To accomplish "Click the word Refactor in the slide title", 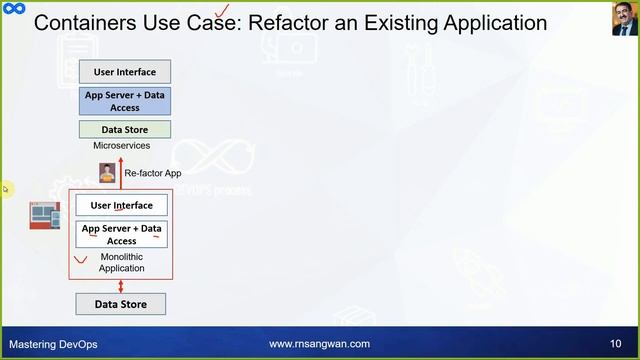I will tap(304, 22).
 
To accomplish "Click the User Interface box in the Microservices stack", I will tap(124, 72).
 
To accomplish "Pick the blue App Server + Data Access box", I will tap(124, 101).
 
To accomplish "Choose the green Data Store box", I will tap(124, 129).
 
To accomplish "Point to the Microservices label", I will tap(121, 146).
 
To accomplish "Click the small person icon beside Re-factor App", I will tap(107, 172).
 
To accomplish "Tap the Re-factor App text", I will tap(153, 173).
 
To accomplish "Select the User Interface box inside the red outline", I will tap(122, 205).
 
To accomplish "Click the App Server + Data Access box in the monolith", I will tap(122, 234).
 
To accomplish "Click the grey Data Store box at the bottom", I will tap(120, 304).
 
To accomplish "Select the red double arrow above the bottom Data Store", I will tap(120, 286).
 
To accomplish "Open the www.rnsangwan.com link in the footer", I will tap(320, 344).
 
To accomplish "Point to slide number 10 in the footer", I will tap(615, 344).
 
